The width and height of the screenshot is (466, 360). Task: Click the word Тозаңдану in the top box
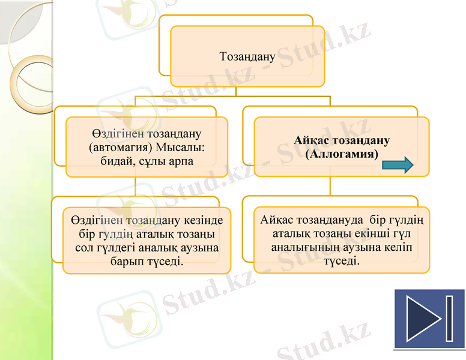(x=247, y=57)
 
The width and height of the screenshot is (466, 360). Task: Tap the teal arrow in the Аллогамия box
(x=398, y=164)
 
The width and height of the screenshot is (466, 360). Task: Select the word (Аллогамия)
(x=341, y=154)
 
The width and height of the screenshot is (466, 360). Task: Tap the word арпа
(x=180, y=162)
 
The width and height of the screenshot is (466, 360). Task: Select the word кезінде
(x=201, y=220)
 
